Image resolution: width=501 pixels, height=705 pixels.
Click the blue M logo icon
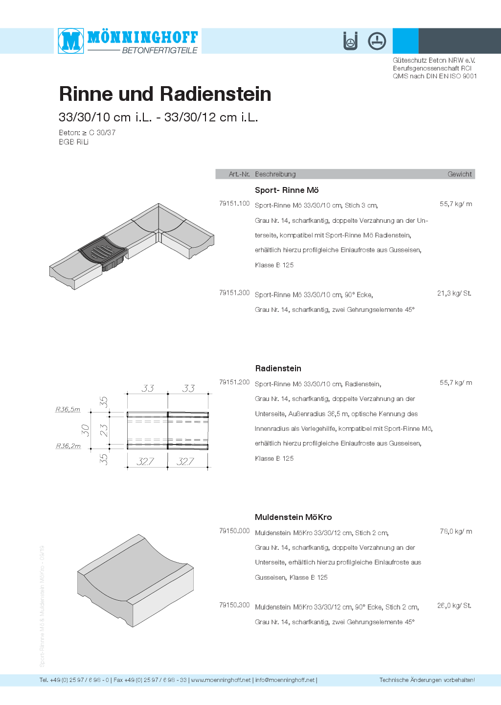pos(71,41)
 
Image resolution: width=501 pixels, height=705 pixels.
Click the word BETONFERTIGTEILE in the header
pos(159,50)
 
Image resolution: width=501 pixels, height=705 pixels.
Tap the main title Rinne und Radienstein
pos(165,94)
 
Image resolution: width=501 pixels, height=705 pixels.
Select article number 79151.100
pos(234,204)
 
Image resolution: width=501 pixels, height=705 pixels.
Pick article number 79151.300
pos(234,293)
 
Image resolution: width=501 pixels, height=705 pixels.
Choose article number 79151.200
pos(234,382)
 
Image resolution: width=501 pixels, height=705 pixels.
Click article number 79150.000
pos(234,531)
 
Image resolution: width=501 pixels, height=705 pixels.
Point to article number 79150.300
pos(234,606)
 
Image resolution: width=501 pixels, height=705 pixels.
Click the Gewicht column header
pos(459,174)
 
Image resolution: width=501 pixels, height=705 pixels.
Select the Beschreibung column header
pos(275,174)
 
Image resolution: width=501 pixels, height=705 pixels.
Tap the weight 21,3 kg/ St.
pos(454,293)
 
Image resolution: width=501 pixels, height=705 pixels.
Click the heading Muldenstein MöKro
pos(293,517)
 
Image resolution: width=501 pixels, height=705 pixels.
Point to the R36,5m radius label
pos(68,409)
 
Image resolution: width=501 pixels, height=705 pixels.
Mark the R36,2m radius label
pos(68,446)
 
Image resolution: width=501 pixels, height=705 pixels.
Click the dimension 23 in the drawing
pos(104,430)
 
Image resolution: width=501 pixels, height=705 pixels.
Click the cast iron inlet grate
pos(102,251)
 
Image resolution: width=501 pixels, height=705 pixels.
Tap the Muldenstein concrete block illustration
pos(135,580)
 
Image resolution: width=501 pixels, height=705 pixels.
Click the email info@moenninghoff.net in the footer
pos(285,680)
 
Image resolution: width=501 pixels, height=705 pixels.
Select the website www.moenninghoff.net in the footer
pos(221,680)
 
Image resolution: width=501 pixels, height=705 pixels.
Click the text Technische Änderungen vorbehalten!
pos(427,680)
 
